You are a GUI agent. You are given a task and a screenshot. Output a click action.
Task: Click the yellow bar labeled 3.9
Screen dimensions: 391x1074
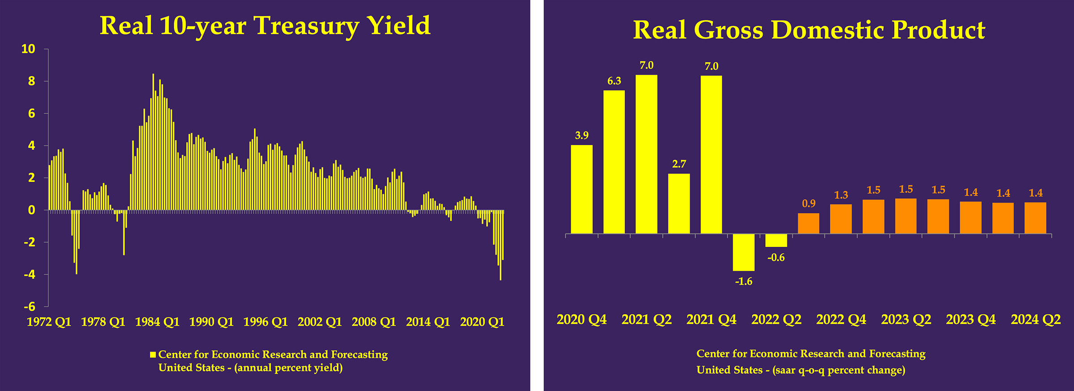click(x=581, y=189)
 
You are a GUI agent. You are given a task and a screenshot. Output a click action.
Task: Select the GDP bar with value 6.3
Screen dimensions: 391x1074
click(x=614, y=162)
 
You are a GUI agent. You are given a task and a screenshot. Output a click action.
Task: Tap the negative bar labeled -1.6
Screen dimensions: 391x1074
click(x=743, y=252)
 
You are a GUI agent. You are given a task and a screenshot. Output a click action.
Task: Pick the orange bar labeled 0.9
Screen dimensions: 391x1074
click(x=808, y=223)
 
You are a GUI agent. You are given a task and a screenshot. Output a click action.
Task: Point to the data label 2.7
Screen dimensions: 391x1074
click(x=679, y=164)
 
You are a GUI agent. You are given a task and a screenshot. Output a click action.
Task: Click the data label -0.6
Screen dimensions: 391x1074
click(x=776, y=258)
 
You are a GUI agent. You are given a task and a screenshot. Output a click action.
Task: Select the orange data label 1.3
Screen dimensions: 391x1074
click(x=841, y=195)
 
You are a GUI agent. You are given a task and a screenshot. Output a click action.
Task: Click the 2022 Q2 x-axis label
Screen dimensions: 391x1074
click(x=776, y=319)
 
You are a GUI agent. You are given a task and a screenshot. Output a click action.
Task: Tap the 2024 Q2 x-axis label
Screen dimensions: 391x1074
click(x=1036, y=319)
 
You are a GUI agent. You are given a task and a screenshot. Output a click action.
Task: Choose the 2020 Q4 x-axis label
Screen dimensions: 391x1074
click(x=581, y=319)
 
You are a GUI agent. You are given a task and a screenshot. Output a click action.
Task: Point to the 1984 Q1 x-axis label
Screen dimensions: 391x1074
click(x=157, y=322)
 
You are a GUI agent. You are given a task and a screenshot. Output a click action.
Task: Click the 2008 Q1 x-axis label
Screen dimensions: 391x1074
click(x=374, y=322)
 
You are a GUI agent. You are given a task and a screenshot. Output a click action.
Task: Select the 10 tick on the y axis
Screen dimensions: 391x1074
click(x=28, y=49)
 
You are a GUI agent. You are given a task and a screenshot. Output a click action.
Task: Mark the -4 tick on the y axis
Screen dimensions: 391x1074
click(x=30, y=275)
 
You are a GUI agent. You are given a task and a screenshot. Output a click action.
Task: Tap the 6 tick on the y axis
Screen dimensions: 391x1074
click(x=31, y=114)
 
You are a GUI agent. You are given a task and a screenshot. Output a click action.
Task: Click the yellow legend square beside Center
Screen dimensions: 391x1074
click(x=153, y=355)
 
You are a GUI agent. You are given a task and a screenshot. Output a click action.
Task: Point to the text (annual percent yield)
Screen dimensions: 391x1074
click(x=288, y=368)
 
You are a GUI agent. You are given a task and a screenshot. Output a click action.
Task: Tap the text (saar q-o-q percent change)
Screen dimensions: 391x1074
click(x=839, y=370)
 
